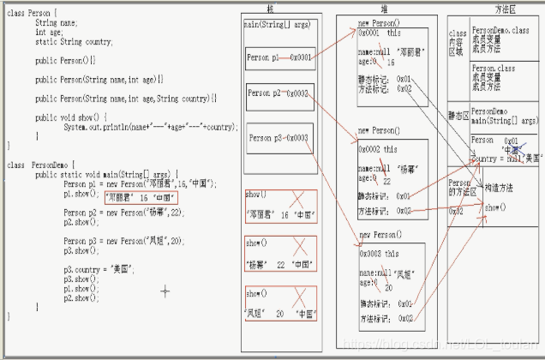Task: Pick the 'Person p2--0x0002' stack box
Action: click(278, 93)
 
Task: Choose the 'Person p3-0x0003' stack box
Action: click(278, 137)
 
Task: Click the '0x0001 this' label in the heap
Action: click(378, 32)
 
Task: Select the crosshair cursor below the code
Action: click(165, 291)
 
